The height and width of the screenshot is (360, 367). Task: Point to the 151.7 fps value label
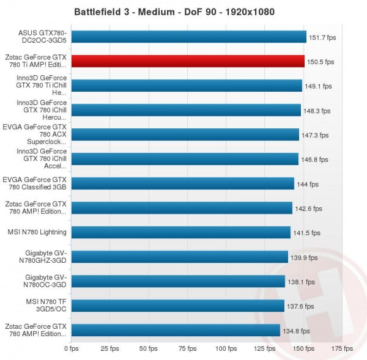click(322, 37)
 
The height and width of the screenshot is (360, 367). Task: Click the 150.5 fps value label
click(320, 62)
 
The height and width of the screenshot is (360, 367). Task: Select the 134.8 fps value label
click(295, 331)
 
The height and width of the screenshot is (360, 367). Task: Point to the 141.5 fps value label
click(306, 233)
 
